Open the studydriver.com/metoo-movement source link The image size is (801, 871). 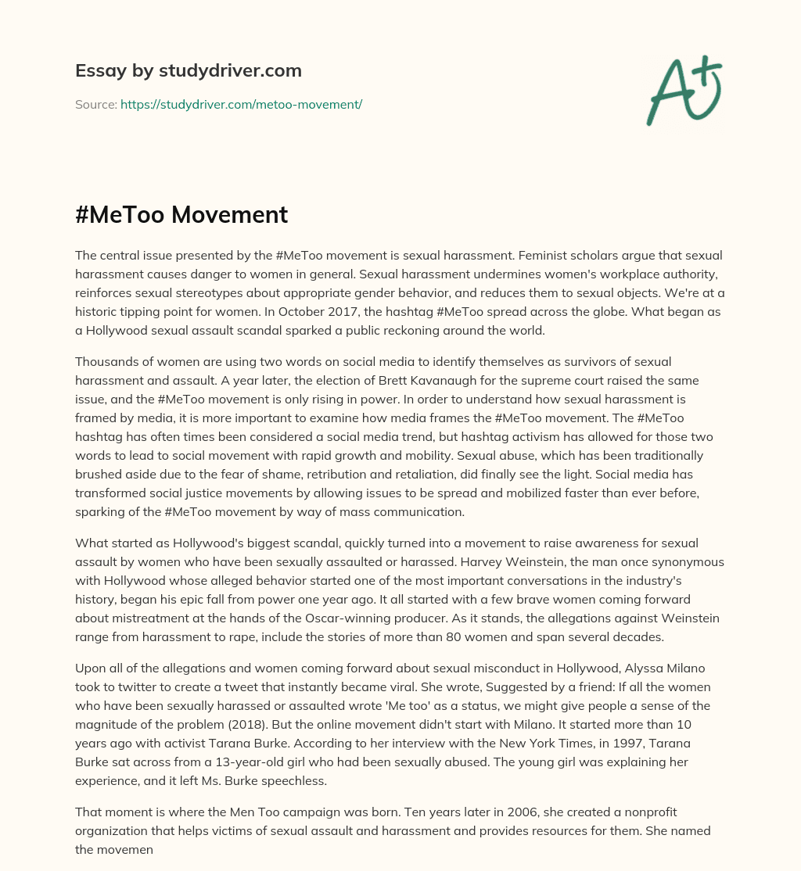tap(241, 104)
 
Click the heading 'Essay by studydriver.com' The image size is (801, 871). tap(188, 70)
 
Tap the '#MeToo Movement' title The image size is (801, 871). tap(181, 214)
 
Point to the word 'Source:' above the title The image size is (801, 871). tap(95, 104)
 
